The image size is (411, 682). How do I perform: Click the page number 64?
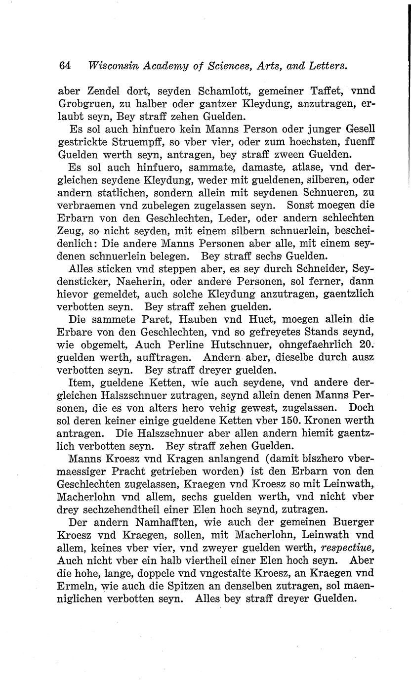pyautogui.click(x=65, y=66)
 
